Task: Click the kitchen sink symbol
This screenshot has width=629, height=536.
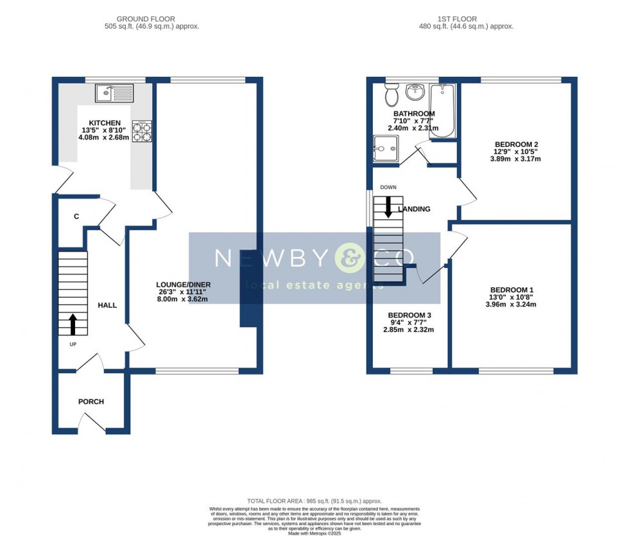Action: (114, 94)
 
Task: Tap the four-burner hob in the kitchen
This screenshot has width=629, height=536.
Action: (142, 131)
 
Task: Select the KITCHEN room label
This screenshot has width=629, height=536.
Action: (105, 123)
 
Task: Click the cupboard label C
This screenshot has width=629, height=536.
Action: (76, 217)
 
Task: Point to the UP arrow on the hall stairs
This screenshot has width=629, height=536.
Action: (72, 324)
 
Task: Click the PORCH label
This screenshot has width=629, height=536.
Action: (91, 402)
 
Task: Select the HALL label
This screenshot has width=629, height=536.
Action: (107, 305)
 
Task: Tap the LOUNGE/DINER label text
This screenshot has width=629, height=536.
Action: (184, 285)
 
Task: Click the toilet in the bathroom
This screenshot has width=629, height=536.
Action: (391, 96)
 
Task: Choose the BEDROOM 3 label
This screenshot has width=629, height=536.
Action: (409, 315)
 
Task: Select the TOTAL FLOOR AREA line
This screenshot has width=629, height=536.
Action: (314, 501)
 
